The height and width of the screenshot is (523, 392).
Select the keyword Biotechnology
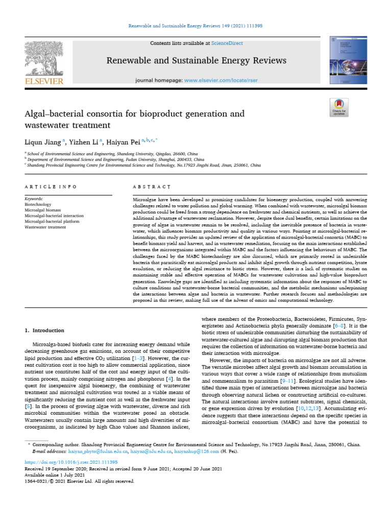[x=38, y=204]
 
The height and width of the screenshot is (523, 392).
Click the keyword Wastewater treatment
[x=45, y=227]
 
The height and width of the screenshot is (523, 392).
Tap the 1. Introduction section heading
[x=45, y=330]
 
